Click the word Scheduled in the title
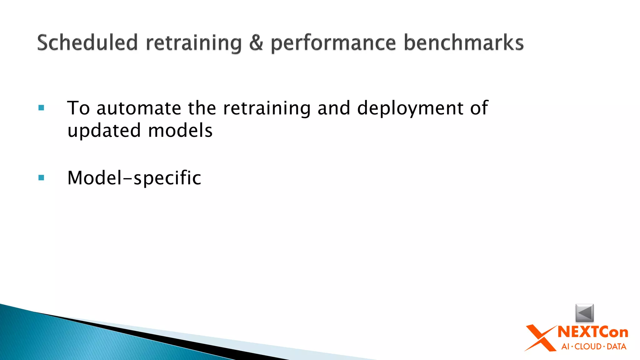(87, 42)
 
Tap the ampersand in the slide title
(256, 43)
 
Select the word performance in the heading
(333, 43)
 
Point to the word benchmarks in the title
(463, 42)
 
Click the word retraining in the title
(194, 43)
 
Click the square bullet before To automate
(41, 108)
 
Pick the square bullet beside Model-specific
(41, 178)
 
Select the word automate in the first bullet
(139, 108)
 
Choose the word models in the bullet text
(180, 131)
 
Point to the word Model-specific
(134, 178)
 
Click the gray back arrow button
(584, 312)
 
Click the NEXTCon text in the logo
(593, 332)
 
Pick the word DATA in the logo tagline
(616, 347)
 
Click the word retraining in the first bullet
(267, 109)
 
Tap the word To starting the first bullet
(78, 108)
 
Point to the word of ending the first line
(479, 108)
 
